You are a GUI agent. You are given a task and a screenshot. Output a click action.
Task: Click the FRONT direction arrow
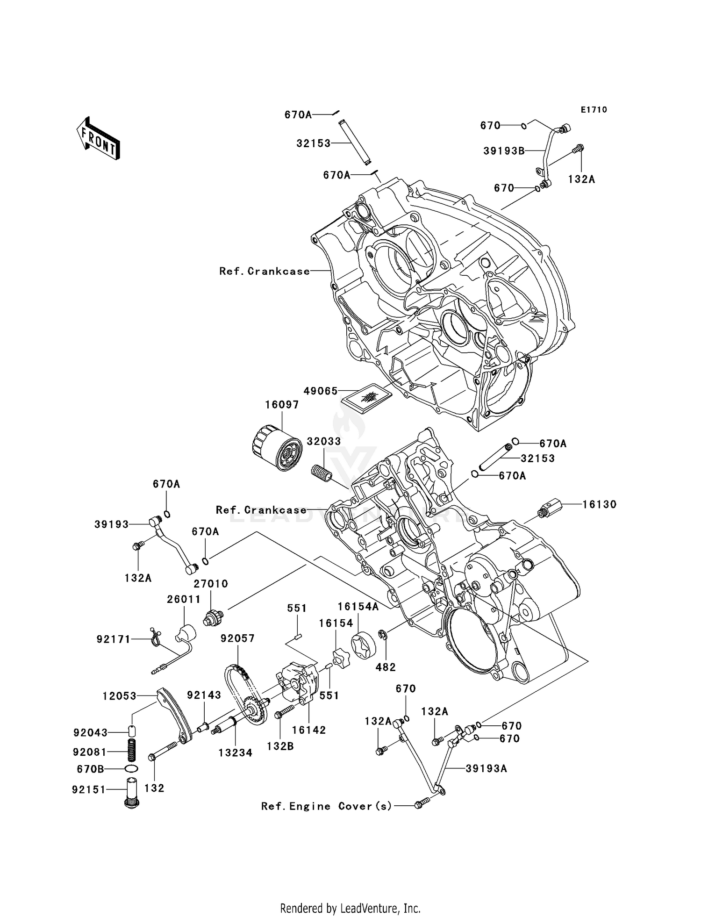(99, 139)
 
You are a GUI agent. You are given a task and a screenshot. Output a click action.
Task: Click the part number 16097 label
(282, 405)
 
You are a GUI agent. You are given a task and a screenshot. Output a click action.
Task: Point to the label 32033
(323, 441)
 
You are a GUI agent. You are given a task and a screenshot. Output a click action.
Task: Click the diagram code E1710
(594, 110)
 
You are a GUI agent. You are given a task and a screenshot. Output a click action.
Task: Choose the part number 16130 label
(599, 504)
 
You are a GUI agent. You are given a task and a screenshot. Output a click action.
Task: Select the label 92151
(89, 789)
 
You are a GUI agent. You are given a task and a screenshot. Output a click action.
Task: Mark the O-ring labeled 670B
(131, 769)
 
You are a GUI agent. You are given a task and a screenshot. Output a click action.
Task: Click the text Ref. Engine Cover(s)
(326, 806)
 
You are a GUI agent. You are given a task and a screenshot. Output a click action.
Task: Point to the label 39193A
(486, 768)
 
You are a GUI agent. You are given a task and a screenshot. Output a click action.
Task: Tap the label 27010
(211, 584)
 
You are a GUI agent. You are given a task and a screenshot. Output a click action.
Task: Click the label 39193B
(504, 151)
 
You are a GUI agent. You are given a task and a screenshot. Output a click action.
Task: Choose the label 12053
(120, 696)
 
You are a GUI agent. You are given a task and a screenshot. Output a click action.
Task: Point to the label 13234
(235, 752)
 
